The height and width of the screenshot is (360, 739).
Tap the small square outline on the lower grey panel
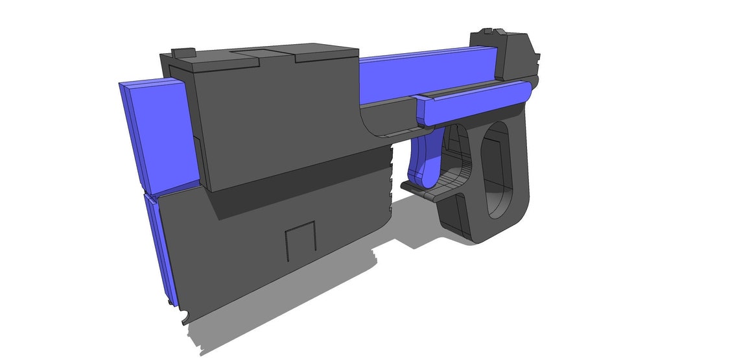point(300,237)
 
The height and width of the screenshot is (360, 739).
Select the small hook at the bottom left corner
point(186,318)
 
